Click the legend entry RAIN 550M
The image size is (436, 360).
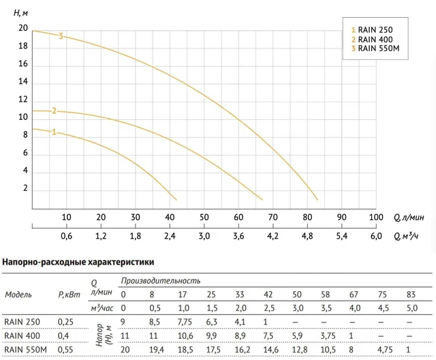(375, 48)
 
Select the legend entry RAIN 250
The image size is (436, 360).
(372, 30)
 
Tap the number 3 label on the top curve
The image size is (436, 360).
(61, 36)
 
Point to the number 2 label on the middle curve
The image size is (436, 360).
(54, 111)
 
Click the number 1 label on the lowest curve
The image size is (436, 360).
(54, 132)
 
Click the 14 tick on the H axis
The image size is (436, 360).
(23, 82)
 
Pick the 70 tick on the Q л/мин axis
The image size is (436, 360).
(272, 217)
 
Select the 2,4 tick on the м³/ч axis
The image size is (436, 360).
(170, 236)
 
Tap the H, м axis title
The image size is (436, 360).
(20, 13)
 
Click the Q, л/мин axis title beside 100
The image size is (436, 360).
(409, 217)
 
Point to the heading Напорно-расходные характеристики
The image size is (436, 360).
(78, 262)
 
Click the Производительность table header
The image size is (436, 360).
(161, 281)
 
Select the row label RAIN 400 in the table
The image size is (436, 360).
(22, 336)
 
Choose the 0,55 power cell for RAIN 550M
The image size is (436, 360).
(65, 350)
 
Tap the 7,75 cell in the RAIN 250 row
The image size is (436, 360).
(185, 322)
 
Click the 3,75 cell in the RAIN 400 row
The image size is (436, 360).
(328, 336)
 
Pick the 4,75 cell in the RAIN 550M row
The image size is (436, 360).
(385, 350)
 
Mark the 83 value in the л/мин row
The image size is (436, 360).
(411, 295)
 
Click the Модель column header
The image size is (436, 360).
(18, 295)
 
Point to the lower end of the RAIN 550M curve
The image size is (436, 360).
(317, 200)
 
